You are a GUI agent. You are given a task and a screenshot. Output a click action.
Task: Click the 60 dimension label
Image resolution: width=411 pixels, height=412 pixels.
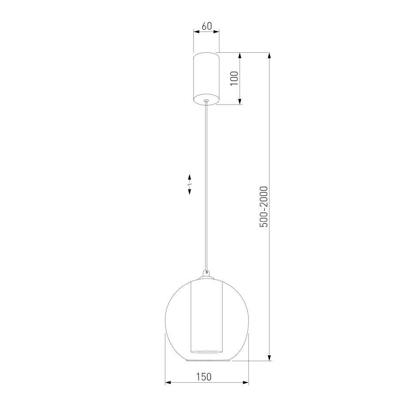coord(206,26)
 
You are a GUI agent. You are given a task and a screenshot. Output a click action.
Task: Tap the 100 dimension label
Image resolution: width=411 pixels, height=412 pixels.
coord(234,78)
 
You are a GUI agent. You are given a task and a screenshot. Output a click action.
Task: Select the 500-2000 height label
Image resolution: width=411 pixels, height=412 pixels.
coord(263,207)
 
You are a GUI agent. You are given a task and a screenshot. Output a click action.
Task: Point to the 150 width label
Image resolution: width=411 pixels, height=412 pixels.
coord(204,377)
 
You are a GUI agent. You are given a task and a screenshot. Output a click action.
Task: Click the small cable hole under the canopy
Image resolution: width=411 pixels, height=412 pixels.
coord(206,100)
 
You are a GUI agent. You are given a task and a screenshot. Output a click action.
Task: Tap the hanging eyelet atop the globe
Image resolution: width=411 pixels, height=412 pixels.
coord(206,273)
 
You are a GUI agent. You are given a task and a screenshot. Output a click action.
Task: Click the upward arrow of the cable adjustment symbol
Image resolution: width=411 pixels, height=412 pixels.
coord(189,177)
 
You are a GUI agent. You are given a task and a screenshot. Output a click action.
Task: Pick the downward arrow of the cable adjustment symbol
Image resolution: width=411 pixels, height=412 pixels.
coord(189,191)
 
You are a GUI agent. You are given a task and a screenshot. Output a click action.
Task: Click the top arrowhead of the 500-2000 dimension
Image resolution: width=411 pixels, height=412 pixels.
coord(269,56)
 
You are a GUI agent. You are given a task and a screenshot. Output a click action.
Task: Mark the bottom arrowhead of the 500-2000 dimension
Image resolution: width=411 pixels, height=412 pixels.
coord(269,358)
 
